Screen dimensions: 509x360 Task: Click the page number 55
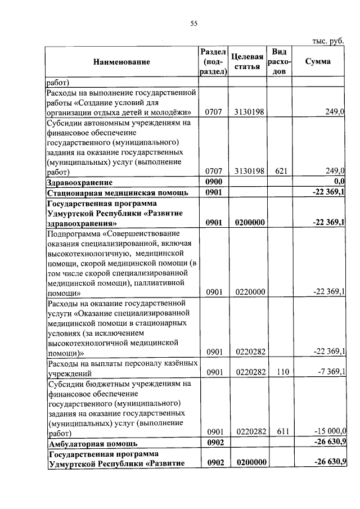tap(194, 23)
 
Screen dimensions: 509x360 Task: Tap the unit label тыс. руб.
tap(328, 40)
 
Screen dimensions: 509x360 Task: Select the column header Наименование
tap(122, 62)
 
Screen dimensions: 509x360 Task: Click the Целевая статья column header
tap(248, 62)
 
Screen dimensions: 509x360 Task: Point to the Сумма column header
tap(318, 61)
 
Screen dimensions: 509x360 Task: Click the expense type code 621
tap(278, 171)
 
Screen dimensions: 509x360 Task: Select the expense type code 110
tap(278, 372)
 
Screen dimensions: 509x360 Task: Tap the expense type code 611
tap(278, 431)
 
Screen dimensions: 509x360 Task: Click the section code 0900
tap(215, 182)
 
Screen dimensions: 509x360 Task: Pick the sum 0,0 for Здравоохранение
tap(338, 182)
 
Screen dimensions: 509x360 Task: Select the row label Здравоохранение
tap(80, 182)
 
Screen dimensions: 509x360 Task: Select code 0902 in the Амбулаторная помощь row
tap(215, 443)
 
